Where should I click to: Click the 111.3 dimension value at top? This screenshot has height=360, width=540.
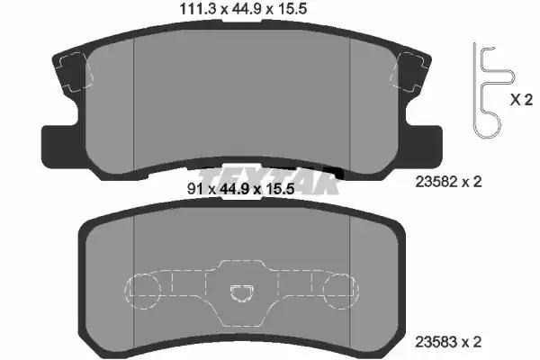[x=199, y=9]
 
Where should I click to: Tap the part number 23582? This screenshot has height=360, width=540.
[x=436, y=182]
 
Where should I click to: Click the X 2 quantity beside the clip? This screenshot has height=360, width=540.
[x=521, y=100]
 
